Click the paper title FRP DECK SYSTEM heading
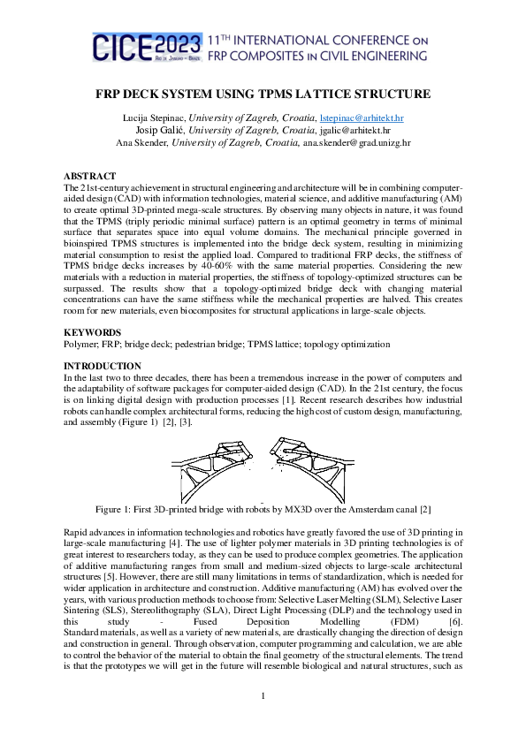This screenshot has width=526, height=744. [263, 94]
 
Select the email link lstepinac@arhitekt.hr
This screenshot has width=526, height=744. [362, 118]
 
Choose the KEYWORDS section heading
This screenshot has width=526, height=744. [94, 331]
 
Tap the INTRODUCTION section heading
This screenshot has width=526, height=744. [103, 365]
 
